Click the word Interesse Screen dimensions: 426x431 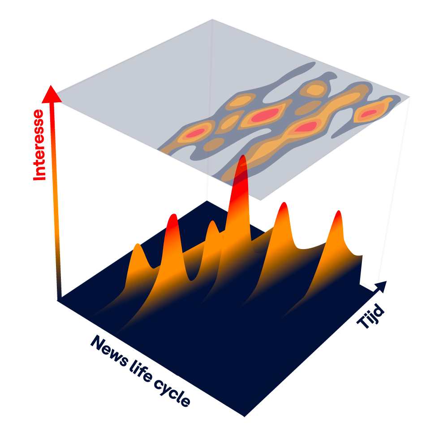pyautogui.click(x=40, y=145)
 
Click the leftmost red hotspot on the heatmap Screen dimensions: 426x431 pyautogui.click(x=196, y=133)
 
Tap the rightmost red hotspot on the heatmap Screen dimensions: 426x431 pyautogui.click(x=368, y=114)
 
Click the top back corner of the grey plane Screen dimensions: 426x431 pyautogui.click(x=212, y=20)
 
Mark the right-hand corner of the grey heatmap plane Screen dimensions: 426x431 pyautogui.click(x=409, y=96)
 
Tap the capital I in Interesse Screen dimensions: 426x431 pyautogui.click(x=40, y=176)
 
